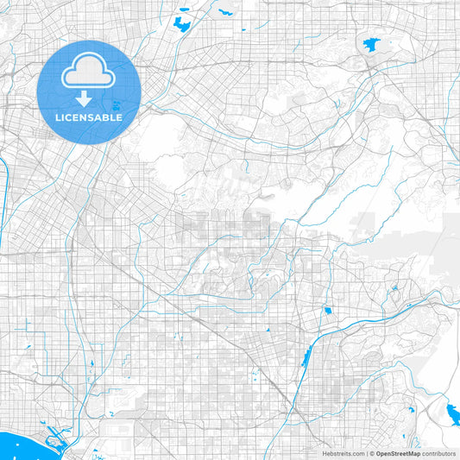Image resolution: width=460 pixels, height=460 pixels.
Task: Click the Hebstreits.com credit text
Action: tap(343, 453)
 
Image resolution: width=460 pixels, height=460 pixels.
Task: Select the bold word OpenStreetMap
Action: tap(398, 453)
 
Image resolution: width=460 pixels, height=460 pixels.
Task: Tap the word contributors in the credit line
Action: tap(438, 453)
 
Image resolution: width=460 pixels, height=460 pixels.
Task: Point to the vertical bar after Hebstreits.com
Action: tap(365, 453)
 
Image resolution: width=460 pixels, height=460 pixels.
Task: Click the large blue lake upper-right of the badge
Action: tap(182, 23)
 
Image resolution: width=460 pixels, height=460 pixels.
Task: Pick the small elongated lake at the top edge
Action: tap(227, 13)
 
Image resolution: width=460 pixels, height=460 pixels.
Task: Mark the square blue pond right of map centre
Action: tap(328, 310)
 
